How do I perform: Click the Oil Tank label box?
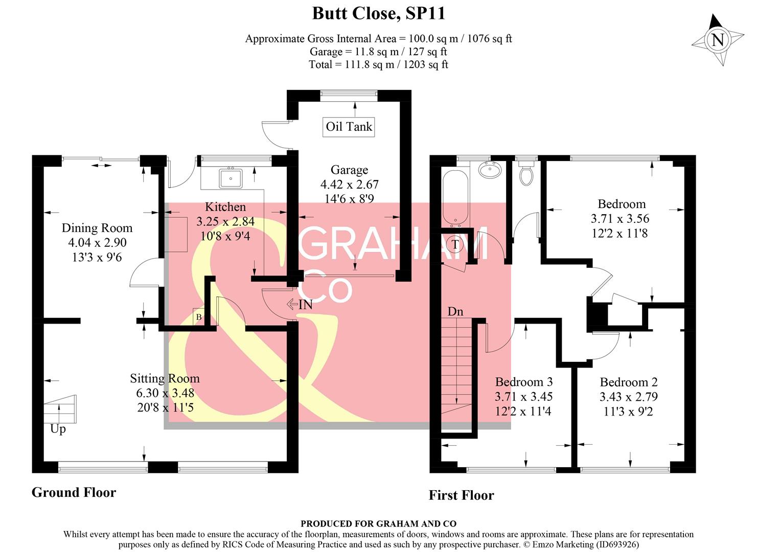pos(349,127)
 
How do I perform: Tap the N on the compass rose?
pos(718,40)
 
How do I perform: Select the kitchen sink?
pos(231,178)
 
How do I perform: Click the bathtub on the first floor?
pos(455,198)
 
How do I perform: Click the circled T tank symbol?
pos(455,244)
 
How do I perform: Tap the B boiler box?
pos(199,317)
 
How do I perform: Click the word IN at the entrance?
pos(306,305)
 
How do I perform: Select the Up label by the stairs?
pos(58,430)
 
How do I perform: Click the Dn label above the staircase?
pos(455,311)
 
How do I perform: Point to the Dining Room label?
pos(97,228)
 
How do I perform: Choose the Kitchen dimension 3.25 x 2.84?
pos(225,221)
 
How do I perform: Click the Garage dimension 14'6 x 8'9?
pos(349,199)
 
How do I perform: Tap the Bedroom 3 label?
pos(524,382)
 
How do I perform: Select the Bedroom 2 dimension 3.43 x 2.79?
pos(629,397)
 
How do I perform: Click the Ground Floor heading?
pos(74,493)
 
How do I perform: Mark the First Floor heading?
pos(461,496)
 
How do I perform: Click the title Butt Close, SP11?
pos(378,14)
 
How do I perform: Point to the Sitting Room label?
pos(165,379)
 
